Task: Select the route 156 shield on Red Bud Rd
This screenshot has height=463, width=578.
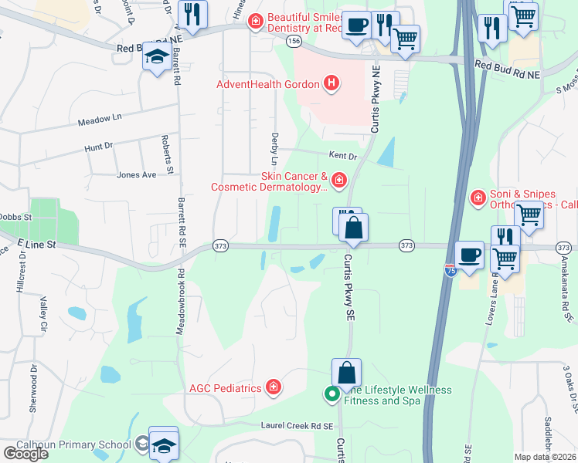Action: click(294, 42)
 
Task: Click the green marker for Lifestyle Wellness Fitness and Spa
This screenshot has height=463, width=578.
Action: click(332, 394)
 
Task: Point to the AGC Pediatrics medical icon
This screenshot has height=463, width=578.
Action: click(273, 388)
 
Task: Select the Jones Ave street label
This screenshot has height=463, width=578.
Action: click(136, 175)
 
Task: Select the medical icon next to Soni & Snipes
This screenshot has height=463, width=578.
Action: click(478, 198)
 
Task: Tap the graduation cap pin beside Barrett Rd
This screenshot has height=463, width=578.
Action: click(157, 57)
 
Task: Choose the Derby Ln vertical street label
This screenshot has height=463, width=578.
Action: click(274, 147)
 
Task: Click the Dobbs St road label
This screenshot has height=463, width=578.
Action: click(15, 218)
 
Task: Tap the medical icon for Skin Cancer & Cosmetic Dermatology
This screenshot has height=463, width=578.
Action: click(338, 181)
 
